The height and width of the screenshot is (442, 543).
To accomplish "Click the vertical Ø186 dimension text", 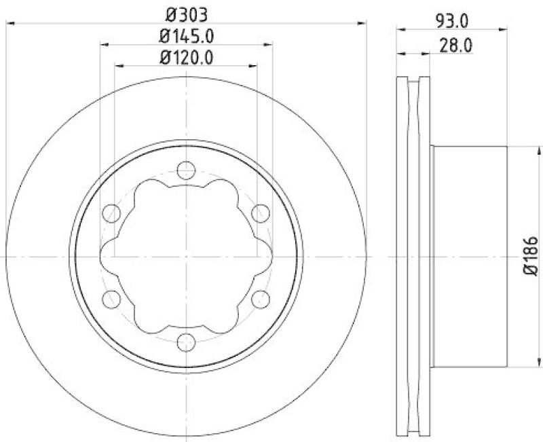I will click(530, 257).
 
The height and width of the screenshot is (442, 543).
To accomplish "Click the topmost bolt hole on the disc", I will click(185, 170).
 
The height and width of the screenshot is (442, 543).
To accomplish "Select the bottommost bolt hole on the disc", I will click(185, 342).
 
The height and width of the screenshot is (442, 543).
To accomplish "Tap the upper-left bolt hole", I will click(111, 214).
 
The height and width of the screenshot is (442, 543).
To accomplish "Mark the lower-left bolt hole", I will click(111, 299).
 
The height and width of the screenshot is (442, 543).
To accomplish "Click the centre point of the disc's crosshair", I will click(185, 257).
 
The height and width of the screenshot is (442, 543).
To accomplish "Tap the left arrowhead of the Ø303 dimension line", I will click(10, 23).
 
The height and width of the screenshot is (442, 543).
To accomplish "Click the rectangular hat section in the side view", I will click(468, 257).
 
